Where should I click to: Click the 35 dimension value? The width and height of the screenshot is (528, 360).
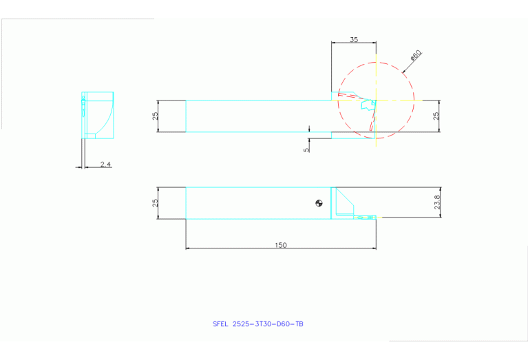point(354,40)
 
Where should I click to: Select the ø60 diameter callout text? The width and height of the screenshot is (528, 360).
point(415,54)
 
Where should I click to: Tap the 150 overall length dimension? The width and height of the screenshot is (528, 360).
point(280,245)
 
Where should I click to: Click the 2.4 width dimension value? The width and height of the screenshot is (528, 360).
point(105,164)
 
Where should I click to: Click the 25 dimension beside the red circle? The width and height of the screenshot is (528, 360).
point(435,116)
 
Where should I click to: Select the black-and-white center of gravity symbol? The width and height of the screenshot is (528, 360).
point(318,202)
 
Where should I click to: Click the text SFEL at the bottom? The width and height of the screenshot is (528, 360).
point(221,324)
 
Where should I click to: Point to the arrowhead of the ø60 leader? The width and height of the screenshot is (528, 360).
point(401,70)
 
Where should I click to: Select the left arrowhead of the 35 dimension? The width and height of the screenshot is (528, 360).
point(334,43)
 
